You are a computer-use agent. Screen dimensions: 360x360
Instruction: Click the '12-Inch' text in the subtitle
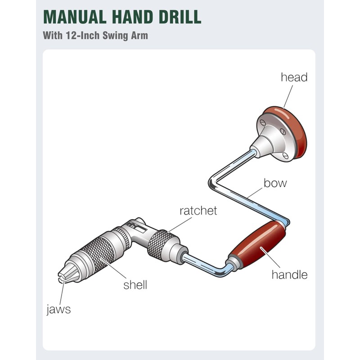pyautogui.click(x=78, y=35)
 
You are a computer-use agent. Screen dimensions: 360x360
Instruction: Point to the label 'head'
pyautogui.click(x=294, y=77)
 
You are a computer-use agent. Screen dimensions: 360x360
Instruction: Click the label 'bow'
pyautogui.click(x=275, y=183)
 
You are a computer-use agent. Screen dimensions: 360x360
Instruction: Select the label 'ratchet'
pyautogui.click(x=198, y=210)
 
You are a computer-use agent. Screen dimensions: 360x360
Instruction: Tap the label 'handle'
pyautogui.click(x=289, y=274)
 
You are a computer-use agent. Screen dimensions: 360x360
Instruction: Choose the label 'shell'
pyautogui.click(x=135, y=285)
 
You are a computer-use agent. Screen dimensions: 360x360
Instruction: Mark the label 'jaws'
pyautogui.click(x=58, y=310)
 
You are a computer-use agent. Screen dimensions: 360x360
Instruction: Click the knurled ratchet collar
pyautogui.click(x=162, y=245)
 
